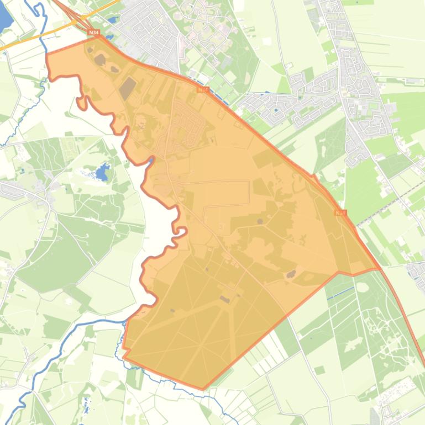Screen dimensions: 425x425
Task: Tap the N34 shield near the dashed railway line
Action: tap(340, 212)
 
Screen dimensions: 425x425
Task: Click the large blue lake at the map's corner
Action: tap(4, 17)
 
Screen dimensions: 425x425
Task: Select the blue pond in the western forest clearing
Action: tap(102, 173)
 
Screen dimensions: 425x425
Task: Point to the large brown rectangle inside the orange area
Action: tap(128, 88)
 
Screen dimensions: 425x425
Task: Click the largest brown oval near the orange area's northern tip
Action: tap(101, 59)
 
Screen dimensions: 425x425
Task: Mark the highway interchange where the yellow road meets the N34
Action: tap(83, 25)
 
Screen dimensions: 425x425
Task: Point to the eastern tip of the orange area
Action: tap(379, 269)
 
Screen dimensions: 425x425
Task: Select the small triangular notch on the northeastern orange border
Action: tap(314, 178)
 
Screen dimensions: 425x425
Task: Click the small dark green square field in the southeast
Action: tap(320, 370)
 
